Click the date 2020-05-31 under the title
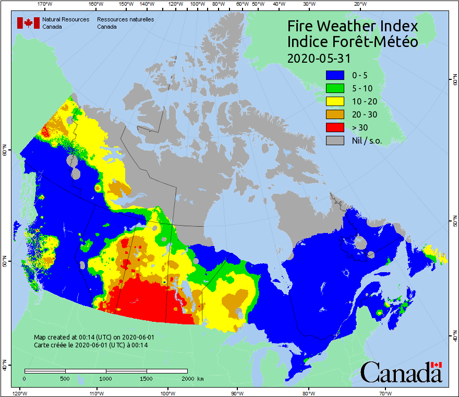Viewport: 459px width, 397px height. click(318, 57)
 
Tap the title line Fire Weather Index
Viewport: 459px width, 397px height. click(353, 26)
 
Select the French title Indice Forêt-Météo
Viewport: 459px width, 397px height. click(353, 42)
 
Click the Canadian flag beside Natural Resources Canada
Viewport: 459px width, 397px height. click(28, 22)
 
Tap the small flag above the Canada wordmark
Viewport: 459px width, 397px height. click(437, 365)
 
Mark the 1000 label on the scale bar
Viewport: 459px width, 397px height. click(106, 379)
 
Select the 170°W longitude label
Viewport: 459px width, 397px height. click(45, 4)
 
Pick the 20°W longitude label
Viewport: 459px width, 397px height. click(359, 4)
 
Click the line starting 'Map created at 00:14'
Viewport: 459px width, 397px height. click(94, 337)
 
